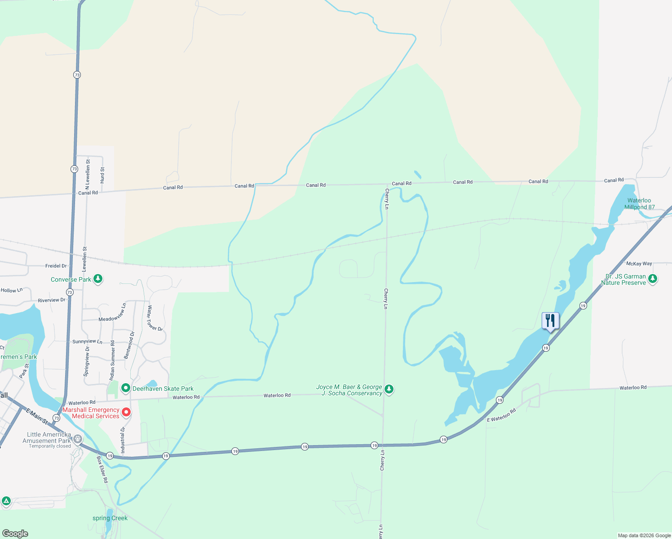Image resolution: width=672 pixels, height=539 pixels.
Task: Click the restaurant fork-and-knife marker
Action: [x=550, y=321]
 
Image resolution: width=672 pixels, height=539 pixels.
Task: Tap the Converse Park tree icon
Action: [x=98, y=279]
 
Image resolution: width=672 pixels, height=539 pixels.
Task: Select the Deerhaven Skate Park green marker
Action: [x=126, y=388]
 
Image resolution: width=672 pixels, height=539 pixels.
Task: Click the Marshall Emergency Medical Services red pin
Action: [x=127, y=412]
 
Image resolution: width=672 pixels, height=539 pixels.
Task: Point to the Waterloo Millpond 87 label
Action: [x=639, y=204]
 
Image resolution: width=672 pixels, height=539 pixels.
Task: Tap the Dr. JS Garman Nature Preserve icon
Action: [x=653, y=279]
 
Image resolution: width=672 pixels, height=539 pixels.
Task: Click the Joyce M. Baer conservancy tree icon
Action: [x=389, y=389]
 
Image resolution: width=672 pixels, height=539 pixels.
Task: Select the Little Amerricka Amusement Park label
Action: [x=47, y=437]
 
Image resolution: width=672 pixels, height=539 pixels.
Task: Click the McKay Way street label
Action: [x=639, y=264]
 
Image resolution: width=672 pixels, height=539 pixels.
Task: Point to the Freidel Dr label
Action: [x=56, y=266]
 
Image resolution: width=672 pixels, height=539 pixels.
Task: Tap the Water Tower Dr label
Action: [x=155, y=318]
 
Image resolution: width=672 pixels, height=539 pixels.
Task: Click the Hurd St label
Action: [x=102, y=175]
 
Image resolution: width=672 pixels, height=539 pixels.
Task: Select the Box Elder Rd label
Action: [x=102, y=470]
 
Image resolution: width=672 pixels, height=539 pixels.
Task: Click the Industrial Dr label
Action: [x=123, y=440]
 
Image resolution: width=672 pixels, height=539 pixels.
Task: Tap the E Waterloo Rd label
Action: [x=502, y=415]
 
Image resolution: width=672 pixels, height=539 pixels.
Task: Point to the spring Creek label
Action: [x=110, y=518]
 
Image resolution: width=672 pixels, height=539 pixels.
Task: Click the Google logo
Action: [x=15, y=534]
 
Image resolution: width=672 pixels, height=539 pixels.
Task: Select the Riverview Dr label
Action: [x=52, y=300]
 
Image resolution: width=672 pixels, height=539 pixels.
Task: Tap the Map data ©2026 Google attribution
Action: [x=644, y=535]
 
